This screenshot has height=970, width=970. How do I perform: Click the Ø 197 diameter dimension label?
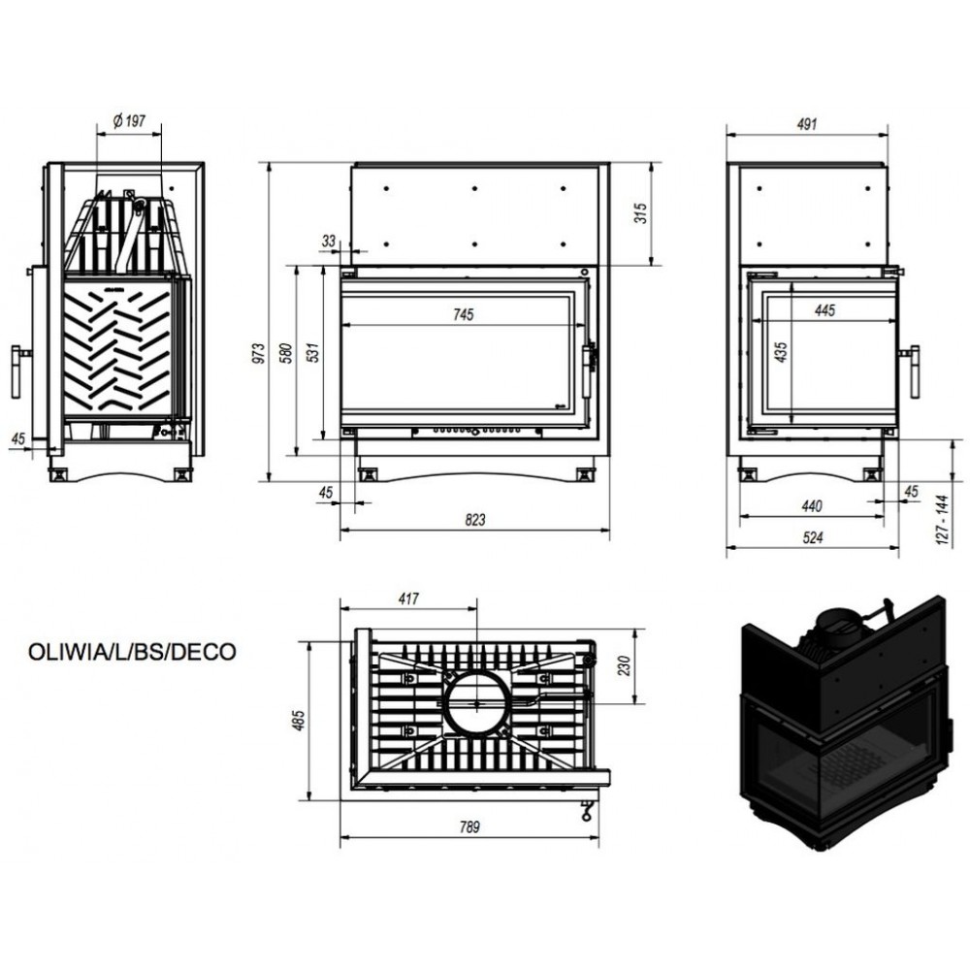[x=129, y=120]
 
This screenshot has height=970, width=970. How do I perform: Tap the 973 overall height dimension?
[x=259, y=353]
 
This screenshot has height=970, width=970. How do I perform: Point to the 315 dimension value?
[x=641, y=213]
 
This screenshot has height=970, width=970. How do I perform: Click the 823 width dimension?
[x=474, y=520]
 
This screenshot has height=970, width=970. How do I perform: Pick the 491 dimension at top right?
[x=807, y=124]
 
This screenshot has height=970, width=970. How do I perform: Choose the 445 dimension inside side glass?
[x=824, y=310]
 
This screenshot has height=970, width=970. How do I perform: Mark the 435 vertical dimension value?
[x=781, y=352]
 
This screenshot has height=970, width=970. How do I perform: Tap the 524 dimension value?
[x=812, y=537]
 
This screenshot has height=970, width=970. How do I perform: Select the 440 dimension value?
[x=812, y=506]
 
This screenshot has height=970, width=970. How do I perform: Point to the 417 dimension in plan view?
[x=408, y=598]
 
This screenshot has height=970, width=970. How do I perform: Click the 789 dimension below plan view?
[x=469, y=826]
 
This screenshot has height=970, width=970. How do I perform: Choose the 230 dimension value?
[x=624, y=666]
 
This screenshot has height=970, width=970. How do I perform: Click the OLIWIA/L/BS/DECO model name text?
[x=132, y=652]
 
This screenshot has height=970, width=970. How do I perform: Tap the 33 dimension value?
[x=329, y=241]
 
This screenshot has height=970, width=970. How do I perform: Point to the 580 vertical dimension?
[x=286, y=353]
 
